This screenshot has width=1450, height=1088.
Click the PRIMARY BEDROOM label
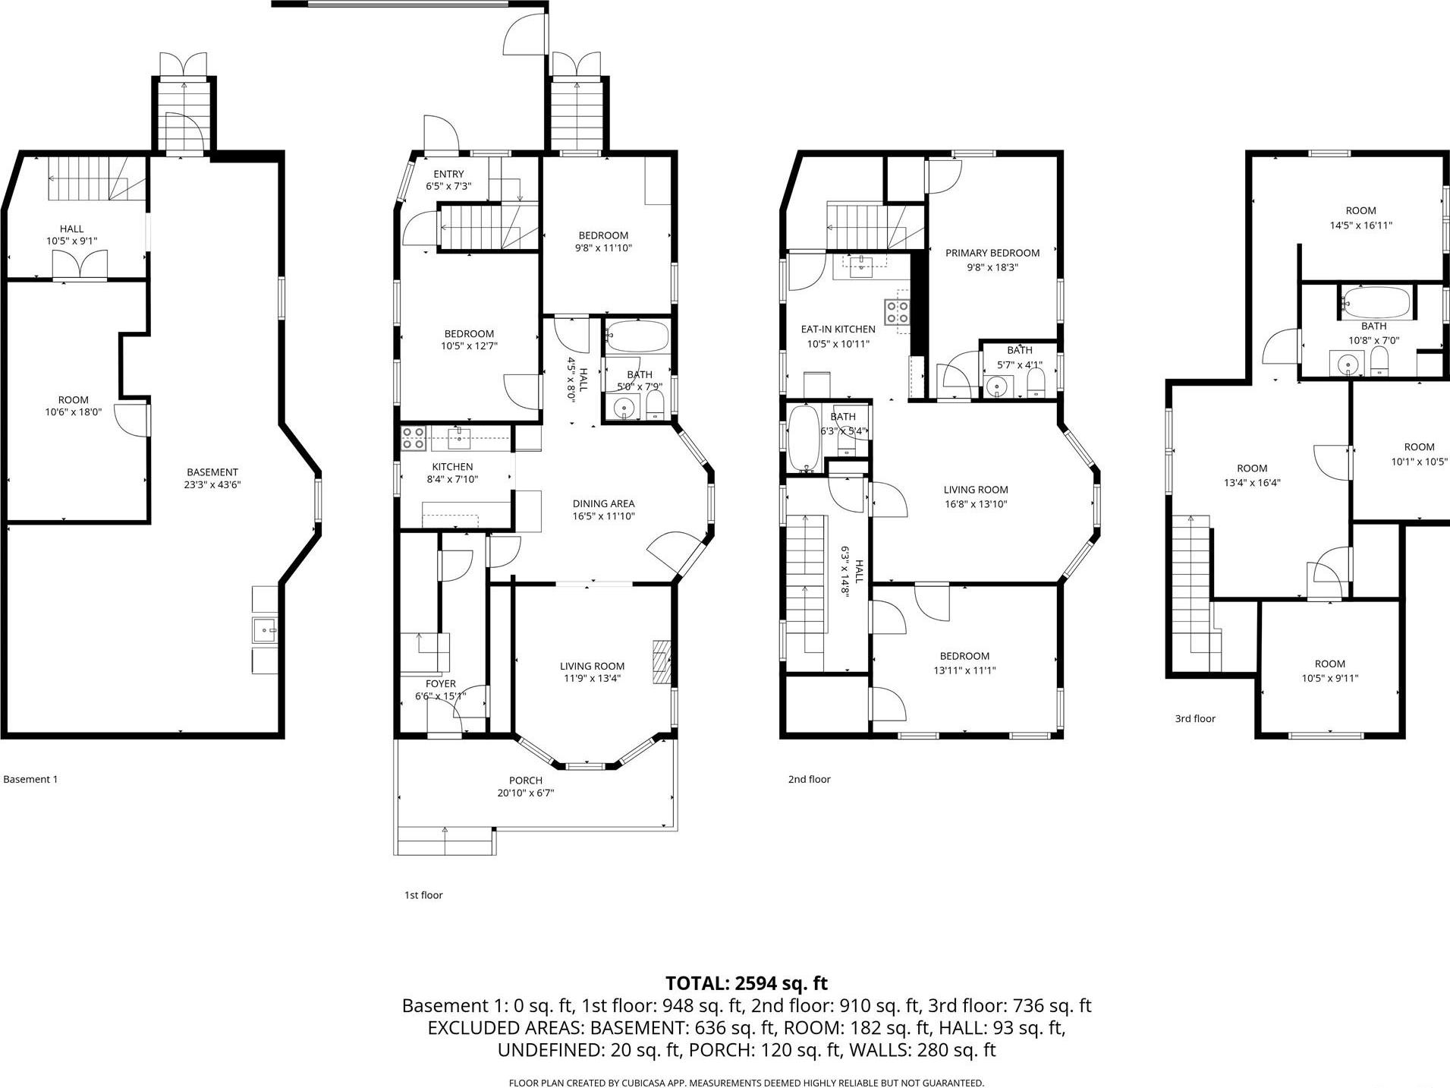point(992,253)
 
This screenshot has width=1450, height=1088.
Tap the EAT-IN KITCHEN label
point(838,330)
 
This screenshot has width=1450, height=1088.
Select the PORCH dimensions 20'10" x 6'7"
point(525,793)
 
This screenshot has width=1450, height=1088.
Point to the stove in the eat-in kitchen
point(896,312)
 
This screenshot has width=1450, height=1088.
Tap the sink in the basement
point(265,629)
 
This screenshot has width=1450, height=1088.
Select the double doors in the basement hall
point(73,265)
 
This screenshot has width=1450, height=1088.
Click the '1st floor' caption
point(423,895)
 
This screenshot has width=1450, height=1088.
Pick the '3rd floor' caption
point(1194,718)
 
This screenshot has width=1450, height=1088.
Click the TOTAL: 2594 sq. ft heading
point(746,983)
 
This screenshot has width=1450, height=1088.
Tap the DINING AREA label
point(603,503)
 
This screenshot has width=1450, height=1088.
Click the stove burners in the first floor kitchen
point(413,437)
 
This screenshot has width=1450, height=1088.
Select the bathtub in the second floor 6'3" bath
point(803,438)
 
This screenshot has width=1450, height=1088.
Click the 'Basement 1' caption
point(30,779)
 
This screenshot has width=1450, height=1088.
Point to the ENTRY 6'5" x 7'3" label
point(448,180)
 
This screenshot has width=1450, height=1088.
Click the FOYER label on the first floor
point(440,684)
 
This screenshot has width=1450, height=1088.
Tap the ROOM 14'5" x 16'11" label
point(1360,217)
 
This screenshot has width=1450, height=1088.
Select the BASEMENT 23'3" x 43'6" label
point(212,478)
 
